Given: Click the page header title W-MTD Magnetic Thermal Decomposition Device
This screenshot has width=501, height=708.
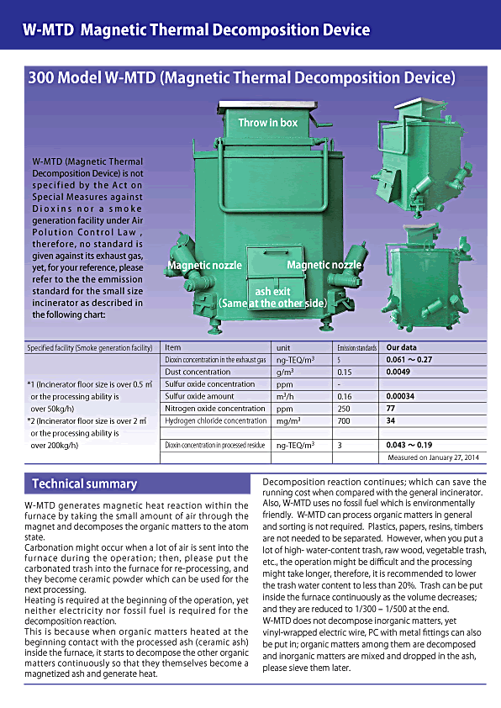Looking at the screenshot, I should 196,30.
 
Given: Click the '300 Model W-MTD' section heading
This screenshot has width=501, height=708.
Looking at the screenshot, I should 242,78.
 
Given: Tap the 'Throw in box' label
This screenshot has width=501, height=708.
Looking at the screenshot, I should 267,123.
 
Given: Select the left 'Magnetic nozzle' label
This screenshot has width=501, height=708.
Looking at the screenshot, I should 204,265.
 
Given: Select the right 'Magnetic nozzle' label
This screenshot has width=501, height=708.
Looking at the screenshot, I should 324,265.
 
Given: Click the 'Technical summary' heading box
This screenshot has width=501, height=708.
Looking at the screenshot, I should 84,483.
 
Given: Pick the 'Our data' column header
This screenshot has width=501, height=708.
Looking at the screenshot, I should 403,346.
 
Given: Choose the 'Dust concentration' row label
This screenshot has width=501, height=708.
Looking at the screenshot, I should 198,371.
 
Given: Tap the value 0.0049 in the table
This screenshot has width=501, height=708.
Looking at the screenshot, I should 399,371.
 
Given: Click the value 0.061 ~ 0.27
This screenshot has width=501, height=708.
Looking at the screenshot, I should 414,359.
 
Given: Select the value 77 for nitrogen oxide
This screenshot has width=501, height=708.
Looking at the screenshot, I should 391,408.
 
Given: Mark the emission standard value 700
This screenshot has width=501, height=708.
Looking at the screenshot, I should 343,420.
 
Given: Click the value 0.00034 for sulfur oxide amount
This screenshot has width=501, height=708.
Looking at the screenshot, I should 402,395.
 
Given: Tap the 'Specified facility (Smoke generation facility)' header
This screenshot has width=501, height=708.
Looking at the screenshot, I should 90,346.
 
